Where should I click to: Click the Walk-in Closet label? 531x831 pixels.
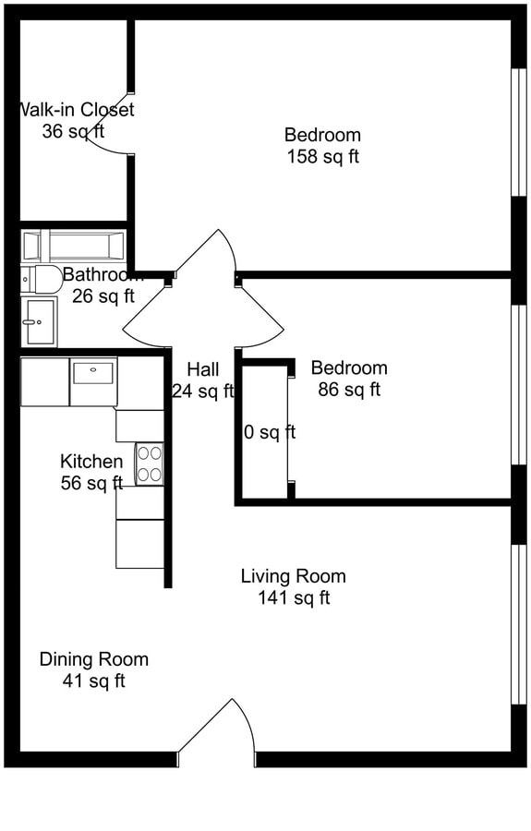(x=77, y=110)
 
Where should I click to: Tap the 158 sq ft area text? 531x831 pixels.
(x=321, y=157)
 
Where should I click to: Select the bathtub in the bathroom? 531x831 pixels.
(x=74, y=246)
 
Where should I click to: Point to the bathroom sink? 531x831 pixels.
(x=39, y=322)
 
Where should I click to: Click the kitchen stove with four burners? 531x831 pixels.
(x=150, y=464)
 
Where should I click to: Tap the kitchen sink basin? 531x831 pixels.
(x=93, y=374)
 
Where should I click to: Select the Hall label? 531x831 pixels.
(x=202, y=369)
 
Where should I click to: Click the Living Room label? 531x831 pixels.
(x=293, y=576)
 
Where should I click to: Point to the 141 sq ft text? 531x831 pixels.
(x=294, y=598)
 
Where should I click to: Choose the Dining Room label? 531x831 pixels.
(x=93, y=659)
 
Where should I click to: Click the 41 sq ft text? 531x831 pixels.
(x=93, y=681)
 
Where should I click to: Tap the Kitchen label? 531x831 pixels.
(x=91, y=461)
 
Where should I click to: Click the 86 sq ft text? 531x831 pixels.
(x=348, y=390)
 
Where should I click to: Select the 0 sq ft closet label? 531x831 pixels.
(x=269, y=432)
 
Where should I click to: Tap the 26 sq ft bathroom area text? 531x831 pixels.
(x=103, y=296)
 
